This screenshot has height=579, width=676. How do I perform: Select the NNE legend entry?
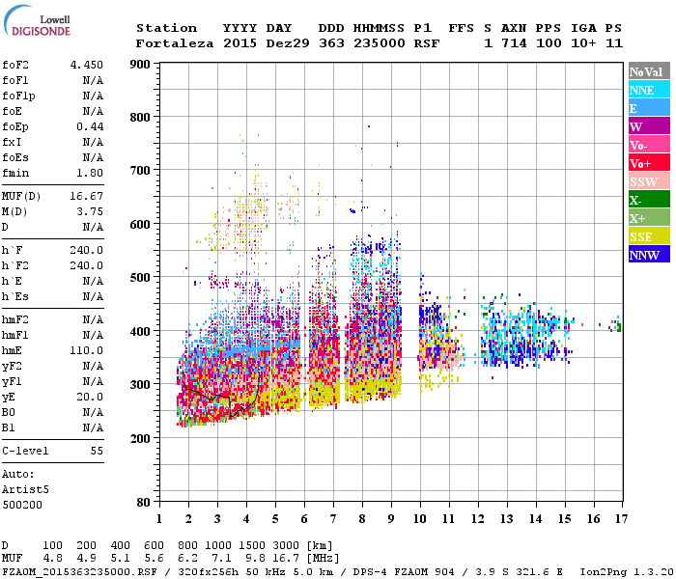[647, 90]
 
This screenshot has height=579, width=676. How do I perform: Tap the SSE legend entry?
[647, 236]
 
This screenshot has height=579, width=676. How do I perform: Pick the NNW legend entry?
[647, 255]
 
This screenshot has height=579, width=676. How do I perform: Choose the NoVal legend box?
[647, 71]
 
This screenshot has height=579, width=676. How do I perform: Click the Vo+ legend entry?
[647, 163]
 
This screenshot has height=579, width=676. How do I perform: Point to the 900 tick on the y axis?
[140, 65]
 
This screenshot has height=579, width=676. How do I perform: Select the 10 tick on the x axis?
[420, 519]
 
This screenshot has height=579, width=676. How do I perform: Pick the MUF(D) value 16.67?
[87, 196]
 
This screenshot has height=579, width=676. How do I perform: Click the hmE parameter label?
[13, 351]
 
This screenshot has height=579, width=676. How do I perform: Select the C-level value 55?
[97, 451]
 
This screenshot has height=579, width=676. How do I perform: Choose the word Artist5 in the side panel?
[24, 489]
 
